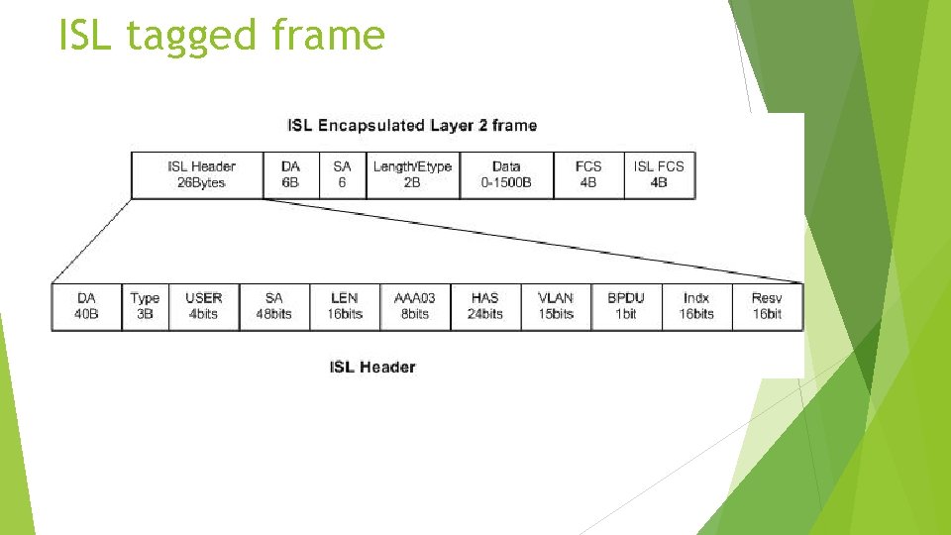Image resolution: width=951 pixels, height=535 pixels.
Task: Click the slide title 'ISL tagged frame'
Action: click(221, 36)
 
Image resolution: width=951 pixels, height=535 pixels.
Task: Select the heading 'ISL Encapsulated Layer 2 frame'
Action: click(411, 126)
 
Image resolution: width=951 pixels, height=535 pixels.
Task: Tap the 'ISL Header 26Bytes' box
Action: click(197, 174)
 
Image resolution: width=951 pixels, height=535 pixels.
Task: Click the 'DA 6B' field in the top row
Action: click(290, 174)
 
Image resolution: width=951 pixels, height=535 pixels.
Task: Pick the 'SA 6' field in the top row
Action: click(343, 174)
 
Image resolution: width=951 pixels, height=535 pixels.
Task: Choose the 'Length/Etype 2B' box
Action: click(412, 174)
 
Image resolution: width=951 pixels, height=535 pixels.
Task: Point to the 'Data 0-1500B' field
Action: click(506, 174)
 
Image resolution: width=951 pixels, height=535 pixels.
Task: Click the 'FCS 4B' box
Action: click(588, 174)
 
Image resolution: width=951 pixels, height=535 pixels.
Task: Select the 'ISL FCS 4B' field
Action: click(659, 174)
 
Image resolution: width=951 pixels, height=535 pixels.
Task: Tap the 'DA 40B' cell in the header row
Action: click(87, 306)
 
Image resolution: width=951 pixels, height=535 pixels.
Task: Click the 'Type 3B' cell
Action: click(145, 306)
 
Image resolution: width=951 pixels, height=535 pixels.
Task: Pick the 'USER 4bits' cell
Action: click(204, 306)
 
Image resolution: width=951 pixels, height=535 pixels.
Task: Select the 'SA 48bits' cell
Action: click(273, 306)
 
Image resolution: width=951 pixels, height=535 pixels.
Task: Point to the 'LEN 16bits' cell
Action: click(345, 306)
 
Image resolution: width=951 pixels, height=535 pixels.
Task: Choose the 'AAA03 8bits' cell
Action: click(414, 306)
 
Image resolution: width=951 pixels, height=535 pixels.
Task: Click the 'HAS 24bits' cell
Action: click(485, 306)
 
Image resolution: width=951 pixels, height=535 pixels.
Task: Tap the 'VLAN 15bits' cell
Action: click(556, 306)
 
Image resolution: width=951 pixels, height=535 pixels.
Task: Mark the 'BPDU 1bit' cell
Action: click(626, 306)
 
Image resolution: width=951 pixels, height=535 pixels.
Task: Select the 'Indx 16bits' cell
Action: click(696, 306)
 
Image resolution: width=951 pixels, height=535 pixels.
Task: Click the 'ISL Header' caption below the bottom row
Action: click(372, 368)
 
